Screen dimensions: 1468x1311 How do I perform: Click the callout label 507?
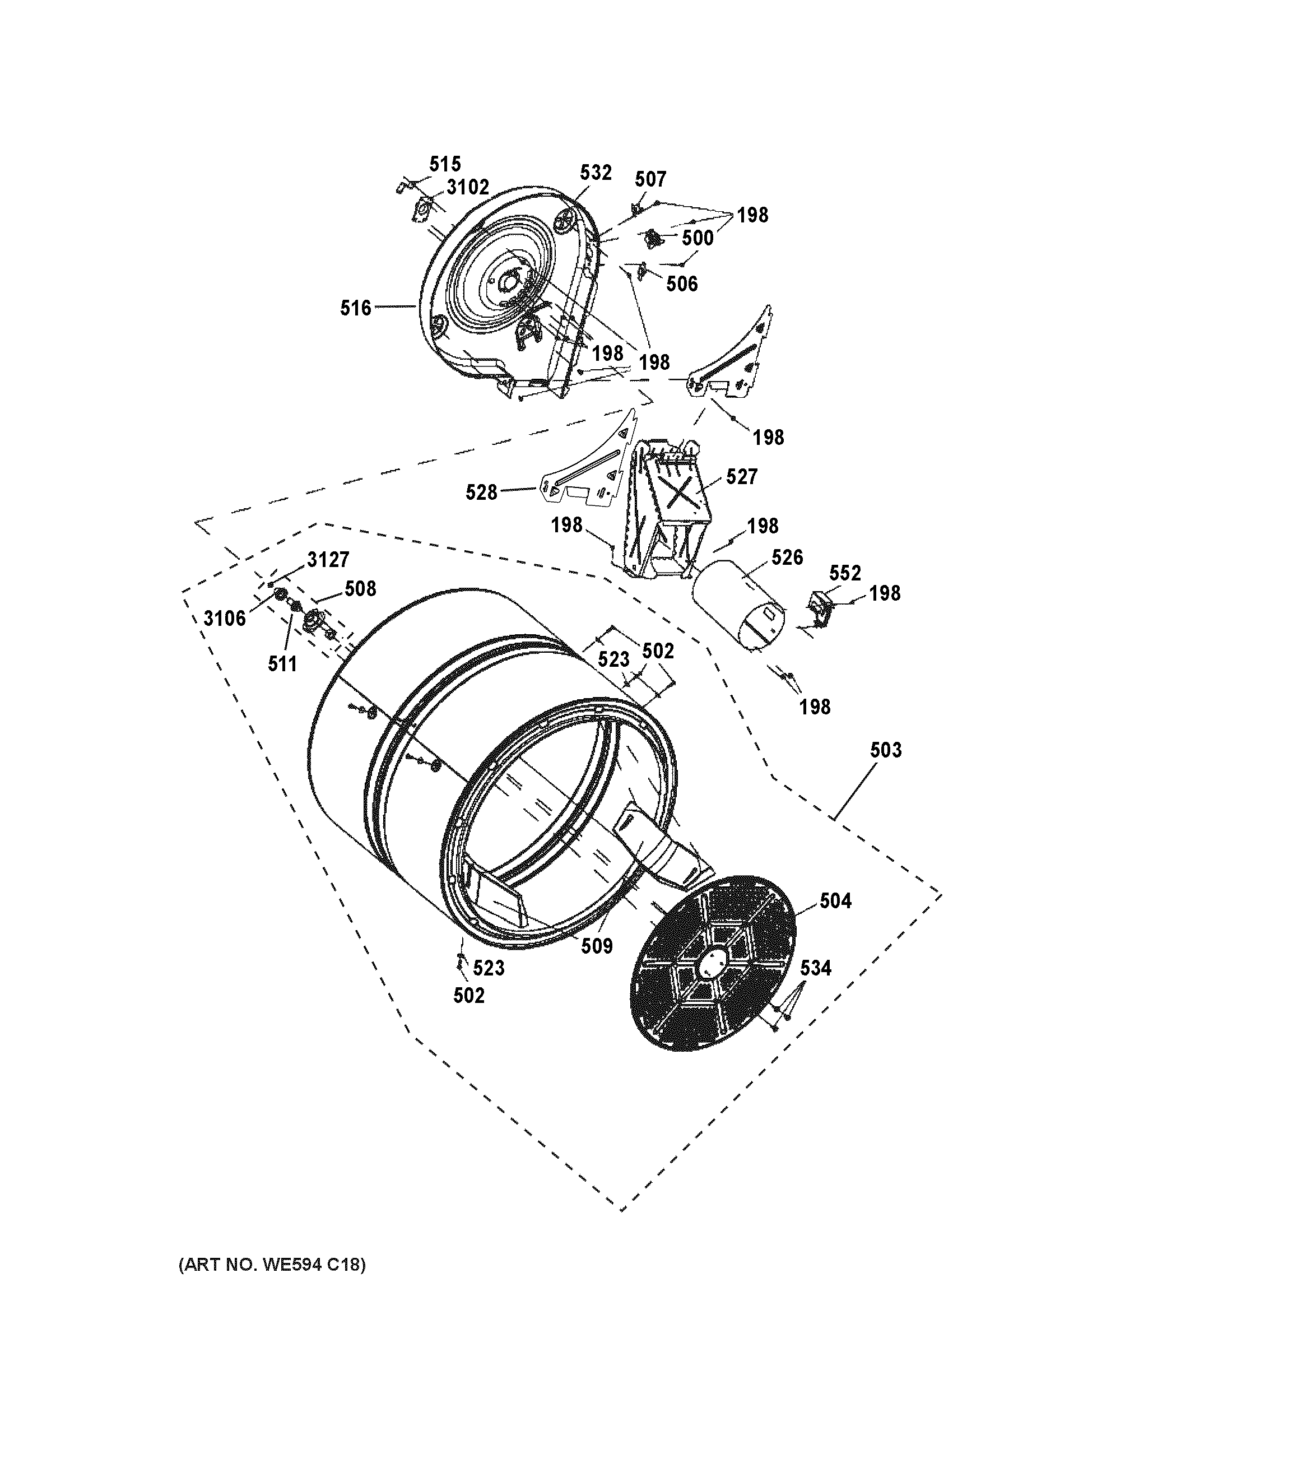point(650,179)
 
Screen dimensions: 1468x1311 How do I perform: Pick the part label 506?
point(681,284)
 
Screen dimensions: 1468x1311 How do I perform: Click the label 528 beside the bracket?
point(481,493)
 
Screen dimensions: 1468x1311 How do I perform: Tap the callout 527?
point(741,477)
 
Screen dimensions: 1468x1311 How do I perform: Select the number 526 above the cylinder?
point(787,558)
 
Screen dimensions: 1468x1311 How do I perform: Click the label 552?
point(844,573)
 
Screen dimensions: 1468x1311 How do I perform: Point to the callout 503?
point(885,751)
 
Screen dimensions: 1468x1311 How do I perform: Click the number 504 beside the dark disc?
point(835,901)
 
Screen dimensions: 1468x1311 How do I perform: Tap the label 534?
point(815,968)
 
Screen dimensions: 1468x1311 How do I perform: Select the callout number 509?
point(597,946)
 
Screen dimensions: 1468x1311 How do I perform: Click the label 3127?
point(328,560)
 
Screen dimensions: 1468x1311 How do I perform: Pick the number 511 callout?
point(282,664)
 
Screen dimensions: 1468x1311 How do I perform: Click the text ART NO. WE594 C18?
point(272,1265)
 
